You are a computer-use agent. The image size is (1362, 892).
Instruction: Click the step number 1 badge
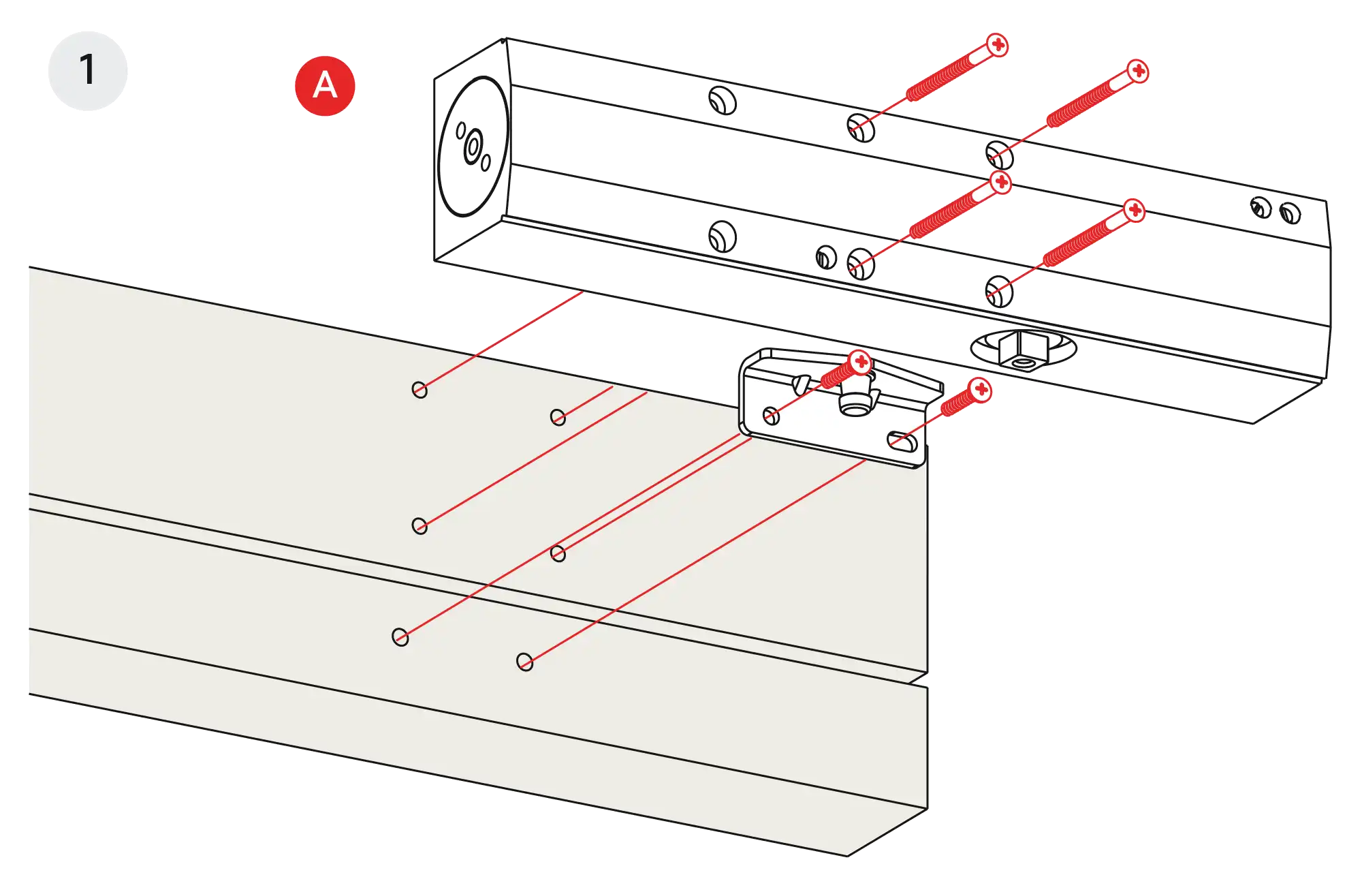point(87,70)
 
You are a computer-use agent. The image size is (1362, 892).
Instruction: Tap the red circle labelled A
point(325,86)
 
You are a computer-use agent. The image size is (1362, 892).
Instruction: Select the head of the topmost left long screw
point(998,46)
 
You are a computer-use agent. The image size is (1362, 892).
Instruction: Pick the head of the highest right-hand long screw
point(1137,71)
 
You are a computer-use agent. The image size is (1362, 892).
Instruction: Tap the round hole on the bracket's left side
point(771,416)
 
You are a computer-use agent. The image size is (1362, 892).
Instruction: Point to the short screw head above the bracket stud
point(861,361)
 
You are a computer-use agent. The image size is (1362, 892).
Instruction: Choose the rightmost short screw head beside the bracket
point(981,390)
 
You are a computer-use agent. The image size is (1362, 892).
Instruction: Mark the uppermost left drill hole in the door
point(419,390)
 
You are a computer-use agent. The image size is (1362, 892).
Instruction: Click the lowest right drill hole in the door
point(524,662)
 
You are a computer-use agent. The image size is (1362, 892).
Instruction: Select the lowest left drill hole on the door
point(400,637)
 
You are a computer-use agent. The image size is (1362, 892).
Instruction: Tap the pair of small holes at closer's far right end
point(1275,211)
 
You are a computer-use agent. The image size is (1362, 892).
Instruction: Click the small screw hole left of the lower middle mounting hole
point(825,258)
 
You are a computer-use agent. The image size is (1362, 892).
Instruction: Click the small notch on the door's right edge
point(921,680)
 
